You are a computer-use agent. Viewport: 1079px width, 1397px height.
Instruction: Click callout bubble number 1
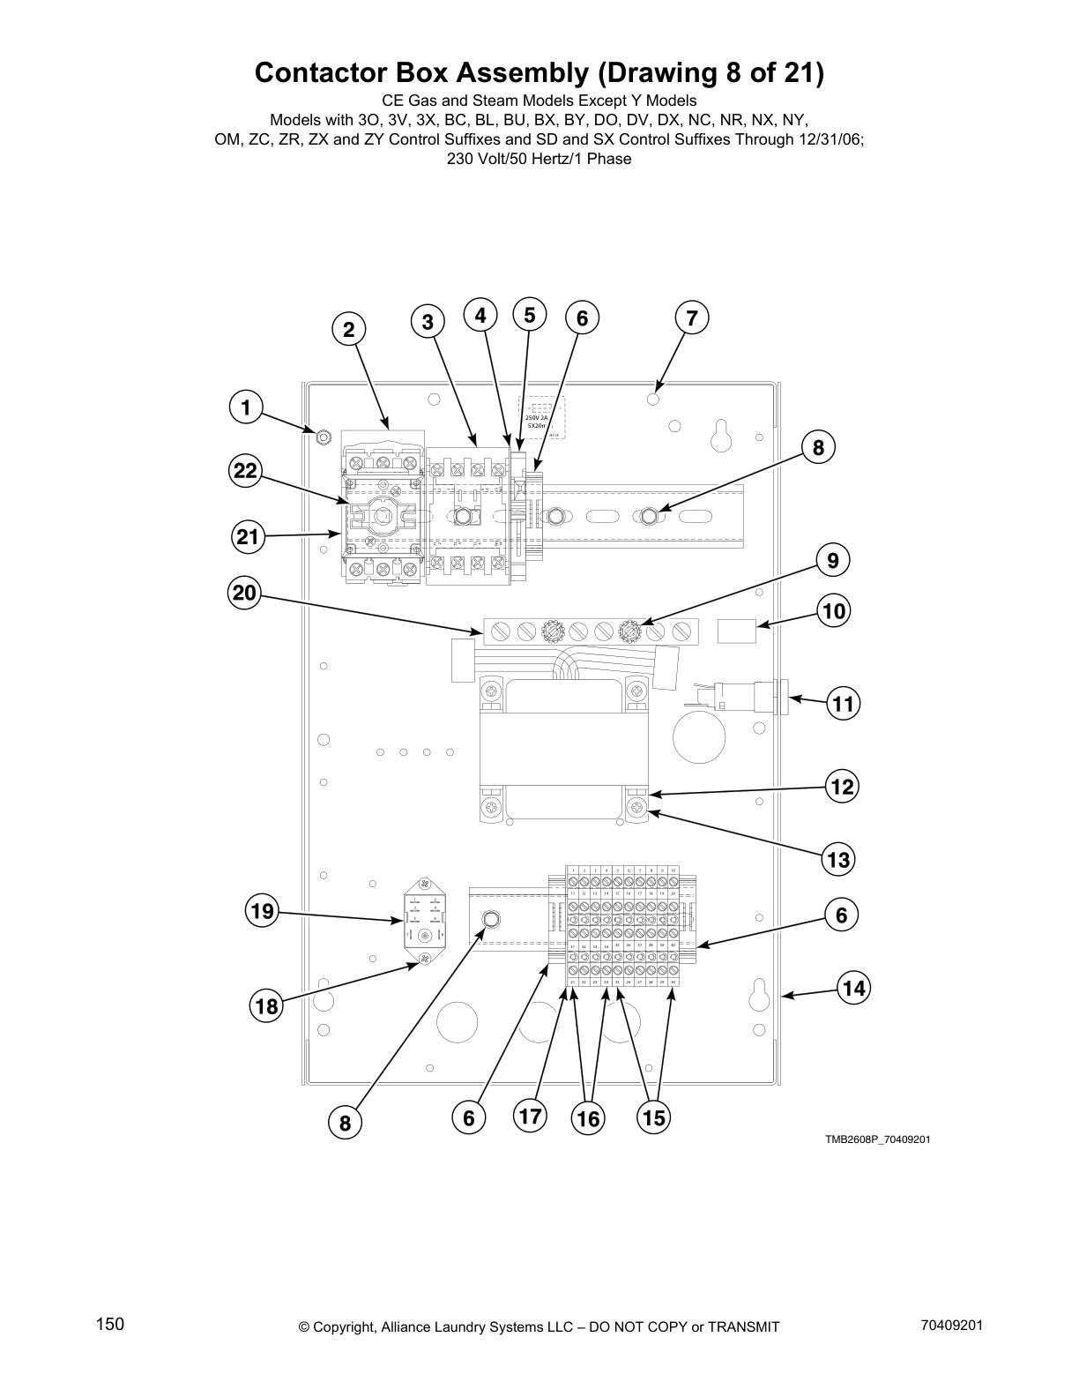pyautogui.click(x=246, y=407)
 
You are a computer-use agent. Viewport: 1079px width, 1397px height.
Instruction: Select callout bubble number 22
pyautogui.click(x=245, y=471)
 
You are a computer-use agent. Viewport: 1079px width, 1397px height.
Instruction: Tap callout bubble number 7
pyautogui.click(x=691, y=318)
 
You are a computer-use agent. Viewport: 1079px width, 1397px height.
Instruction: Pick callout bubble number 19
pyautogui.click(x=262, y=910)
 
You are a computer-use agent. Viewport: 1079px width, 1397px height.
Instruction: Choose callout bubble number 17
pyautogui.click(x=530, y=1117)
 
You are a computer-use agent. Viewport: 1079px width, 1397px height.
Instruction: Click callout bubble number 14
pyautogui.click(x=853, y=987)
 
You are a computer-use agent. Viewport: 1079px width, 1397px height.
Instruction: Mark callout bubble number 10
pyautogui.click(x=833, y=611)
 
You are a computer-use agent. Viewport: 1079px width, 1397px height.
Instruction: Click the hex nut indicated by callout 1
pyautogui.click(x=323, y=437)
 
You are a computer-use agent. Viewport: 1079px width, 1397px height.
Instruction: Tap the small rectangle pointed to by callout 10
pyautogui.click(x=737, y=631)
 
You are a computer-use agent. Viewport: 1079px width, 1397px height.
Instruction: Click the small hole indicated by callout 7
pyautogui.click(x=652, y=399)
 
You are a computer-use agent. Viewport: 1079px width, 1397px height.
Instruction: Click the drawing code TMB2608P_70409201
pyautogui.click(x=877, y=1139)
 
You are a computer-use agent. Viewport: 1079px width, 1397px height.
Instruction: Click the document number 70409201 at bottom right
pyautogui.click(x=951, y=1326)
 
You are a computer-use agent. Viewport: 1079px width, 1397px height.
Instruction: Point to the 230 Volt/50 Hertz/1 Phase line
pyautogui.click(x=539, y=160)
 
